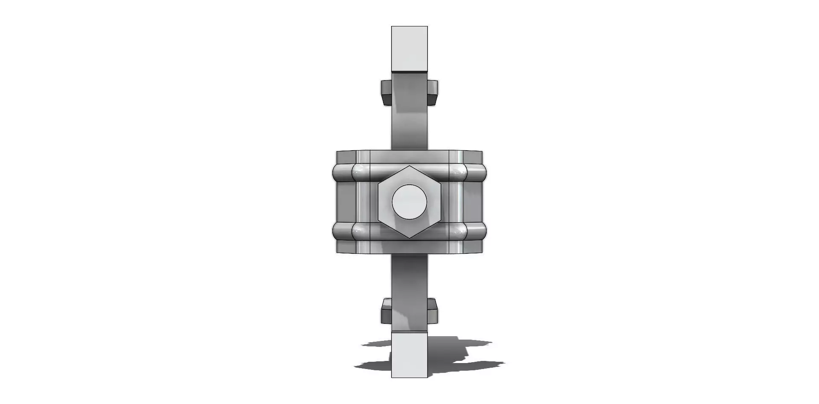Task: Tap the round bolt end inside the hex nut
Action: pyautogui.click(x=409, y=202)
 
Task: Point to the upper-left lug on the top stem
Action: pyautogui.click(x=386, y=92)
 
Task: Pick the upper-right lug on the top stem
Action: pyautogui.click(x=432, y=92)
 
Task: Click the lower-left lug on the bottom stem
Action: pyautogui.click(x=386, y=311)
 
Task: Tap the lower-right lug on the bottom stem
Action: pyautogui.click(x=432, y=311)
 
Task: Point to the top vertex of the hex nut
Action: pyautogui.click(x=409, y=166)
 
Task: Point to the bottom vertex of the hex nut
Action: pyautogui.click(x=409, y=238)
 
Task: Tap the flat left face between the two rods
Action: pyautogui.click(x=346, y=202)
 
